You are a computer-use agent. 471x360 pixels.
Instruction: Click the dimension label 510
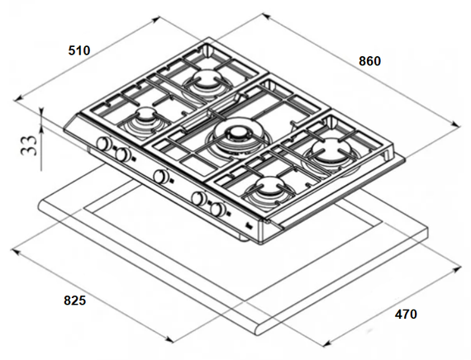click(79, 50)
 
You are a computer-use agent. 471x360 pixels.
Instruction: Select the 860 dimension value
click(369, 61)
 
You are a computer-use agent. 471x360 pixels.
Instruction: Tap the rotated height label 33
click(30, 145)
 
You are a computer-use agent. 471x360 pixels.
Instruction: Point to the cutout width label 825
click(75, 301)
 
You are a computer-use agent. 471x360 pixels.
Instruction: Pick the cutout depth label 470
click(406, 314)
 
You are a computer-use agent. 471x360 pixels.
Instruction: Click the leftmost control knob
click(104, 143)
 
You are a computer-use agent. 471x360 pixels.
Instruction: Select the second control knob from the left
click(122, 154)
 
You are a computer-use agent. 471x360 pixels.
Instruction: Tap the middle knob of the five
click(161, 176)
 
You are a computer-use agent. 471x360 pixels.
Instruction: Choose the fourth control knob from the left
click(199, 198)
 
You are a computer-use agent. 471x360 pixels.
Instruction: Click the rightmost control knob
click(218, 209)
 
